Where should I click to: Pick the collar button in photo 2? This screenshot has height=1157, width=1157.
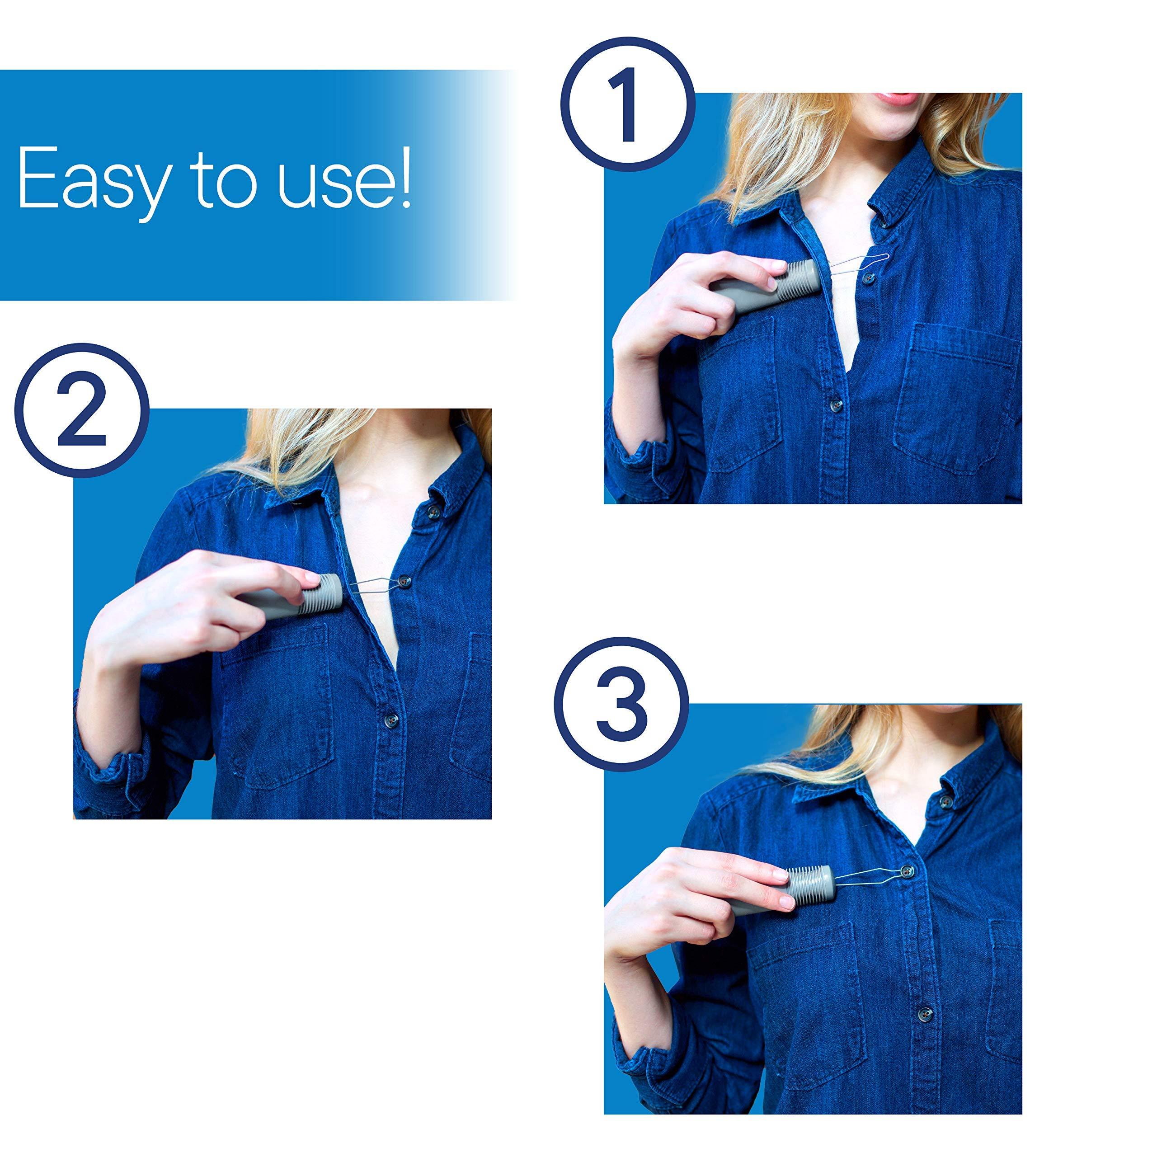(433, 510)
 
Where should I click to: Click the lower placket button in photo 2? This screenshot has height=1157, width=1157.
(393, 719)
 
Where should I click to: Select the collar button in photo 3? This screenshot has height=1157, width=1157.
(946, 801)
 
